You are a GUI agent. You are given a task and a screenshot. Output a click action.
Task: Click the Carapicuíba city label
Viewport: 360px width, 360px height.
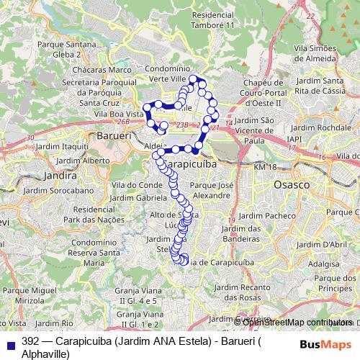[192, 164]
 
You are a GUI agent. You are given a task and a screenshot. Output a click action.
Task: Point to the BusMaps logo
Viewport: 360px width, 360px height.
[328, 345]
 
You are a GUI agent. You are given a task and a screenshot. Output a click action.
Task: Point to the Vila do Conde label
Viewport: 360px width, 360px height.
[130, 185]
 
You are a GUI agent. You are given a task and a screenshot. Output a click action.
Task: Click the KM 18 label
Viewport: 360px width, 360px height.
[265, 167]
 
